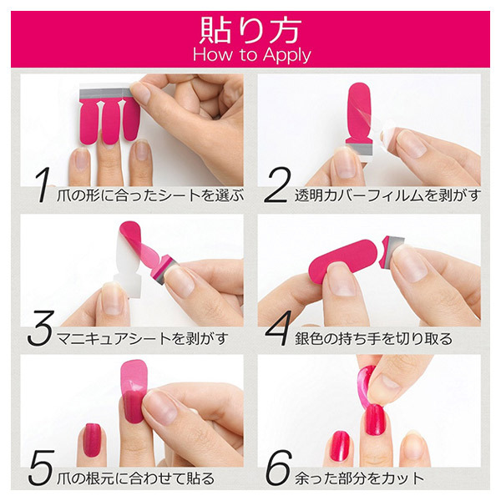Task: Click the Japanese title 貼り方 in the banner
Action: tap(250, 30)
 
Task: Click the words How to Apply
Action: tap(250, 54)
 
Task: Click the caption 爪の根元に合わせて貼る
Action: tap(142, 478)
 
